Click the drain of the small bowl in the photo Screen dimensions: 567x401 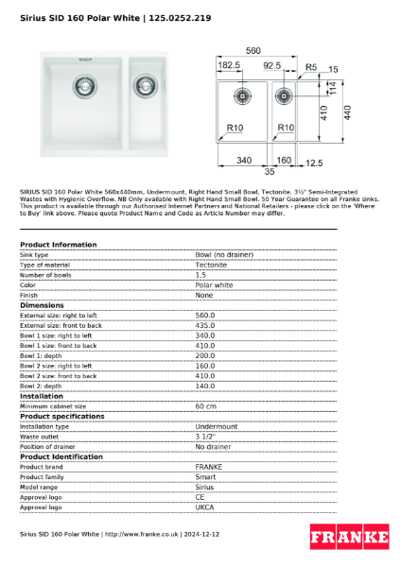pos(146,87)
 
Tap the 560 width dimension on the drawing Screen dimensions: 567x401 pos(253,50)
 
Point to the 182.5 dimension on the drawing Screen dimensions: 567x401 pos(230,66)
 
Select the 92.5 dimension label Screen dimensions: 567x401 pos(271,66)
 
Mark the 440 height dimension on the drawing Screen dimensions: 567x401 pos(348,112)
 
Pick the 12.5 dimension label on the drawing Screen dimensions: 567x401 pos(314,163)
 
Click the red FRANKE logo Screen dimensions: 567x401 pos(349,537)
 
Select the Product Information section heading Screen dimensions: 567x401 pos(58,245)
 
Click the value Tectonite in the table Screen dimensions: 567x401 pos(211,265)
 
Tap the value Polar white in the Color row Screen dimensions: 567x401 pos(214,284)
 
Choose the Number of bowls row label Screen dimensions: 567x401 pos(47,275)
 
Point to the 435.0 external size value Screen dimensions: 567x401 pos(205,325)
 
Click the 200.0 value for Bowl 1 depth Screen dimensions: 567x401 pos(205,355)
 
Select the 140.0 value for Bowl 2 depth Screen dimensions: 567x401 pos(205,386)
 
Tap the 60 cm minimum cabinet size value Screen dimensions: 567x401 pos(206,406)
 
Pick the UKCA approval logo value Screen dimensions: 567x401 pos(204,507)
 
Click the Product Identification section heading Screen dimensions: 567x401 pos(61,456)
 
